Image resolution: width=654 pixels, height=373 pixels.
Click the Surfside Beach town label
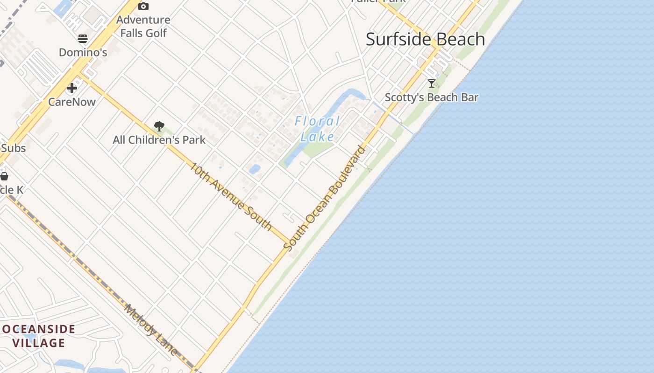[425, 39]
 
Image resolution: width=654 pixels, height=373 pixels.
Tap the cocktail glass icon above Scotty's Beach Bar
[432, 83]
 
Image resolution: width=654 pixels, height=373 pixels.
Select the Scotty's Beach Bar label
[432, 97]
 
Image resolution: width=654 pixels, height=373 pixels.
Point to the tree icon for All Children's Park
[159, 126]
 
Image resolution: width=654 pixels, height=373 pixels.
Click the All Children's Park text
[159, 140]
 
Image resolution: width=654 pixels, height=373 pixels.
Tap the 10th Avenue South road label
[231, 196]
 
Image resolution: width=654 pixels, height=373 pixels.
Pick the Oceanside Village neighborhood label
[38, 336]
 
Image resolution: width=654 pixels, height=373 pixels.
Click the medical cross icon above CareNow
[71, 88]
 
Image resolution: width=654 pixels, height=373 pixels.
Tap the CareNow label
[72, 102]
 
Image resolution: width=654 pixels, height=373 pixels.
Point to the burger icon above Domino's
[83, 38]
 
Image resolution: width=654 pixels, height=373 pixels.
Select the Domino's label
[83, 52]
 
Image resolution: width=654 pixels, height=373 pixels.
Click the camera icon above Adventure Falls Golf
[143, 6]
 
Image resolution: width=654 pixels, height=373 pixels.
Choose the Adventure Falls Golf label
[143, 26]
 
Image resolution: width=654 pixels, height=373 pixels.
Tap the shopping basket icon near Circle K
[4, 176]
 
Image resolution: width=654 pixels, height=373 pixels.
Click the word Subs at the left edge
[13, 148]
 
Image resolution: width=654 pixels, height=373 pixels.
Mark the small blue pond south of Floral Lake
[255, 169]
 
